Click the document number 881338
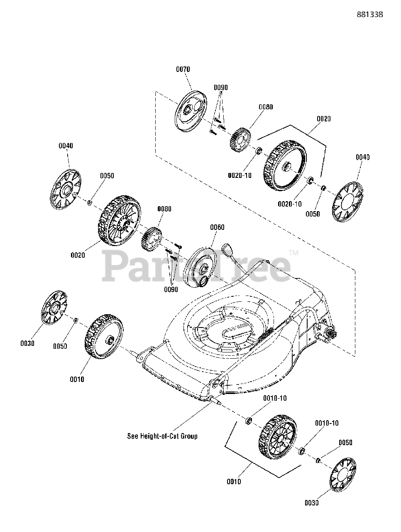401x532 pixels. (x=369, y=14)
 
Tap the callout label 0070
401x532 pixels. (x=183, y=69)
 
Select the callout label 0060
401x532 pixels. (x=217, y=227)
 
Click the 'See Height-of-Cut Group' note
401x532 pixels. (x=162, y=436)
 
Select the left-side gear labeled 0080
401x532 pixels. (x=151, y=238)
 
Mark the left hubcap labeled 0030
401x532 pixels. (x=54, y=308)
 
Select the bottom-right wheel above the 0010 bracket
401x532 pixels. (x=278, y=436)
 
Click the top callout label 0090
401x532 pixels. (x=221, y=88)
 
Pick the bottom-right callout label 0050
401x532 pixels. (x=345, y=443)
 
